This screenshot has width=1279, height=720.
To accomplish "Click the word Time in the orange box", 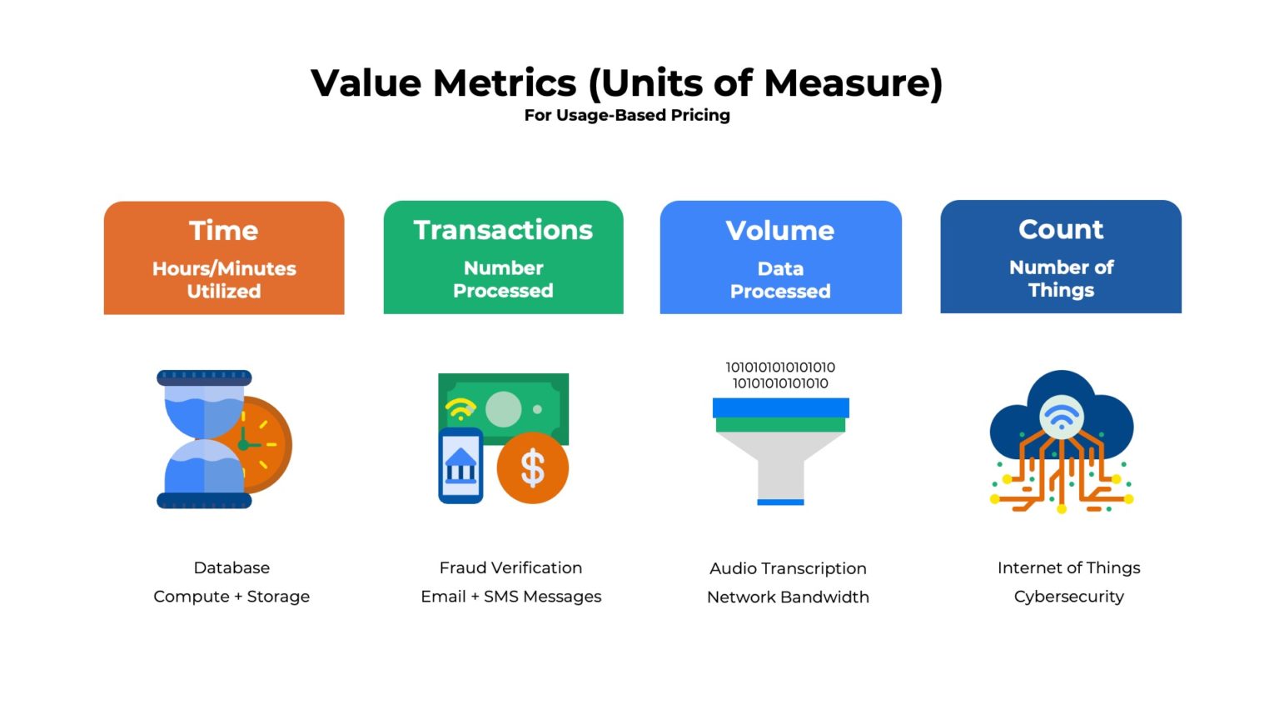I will click(x=223, y=231).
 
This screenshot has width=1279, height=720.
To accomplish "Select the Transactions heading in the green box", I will click(x=503, y=230).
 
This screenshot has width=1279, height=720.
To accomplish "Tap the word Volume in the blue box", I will click(x=779, y=231).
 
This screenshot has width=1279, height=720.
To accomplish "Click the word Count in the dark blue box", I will click(x=1061, y=229).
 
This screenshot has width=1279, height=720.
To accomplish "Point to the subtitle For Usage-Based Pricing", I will click(x=627, y=115).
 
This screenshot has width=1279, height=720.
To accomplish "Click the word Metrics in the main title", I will click(x=505, y=83).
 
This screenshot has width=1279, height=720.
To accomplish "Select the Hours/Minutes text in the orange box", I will click(x=224, y=268).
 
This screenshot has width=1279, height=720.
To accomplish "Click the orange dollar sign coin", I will click(x=533, y=468).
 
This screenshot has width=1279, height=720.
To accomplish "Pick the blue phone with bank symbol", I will click(x=460, y=466).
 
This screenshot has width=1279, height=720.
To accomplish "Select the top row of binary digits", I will click(x=780, y=367).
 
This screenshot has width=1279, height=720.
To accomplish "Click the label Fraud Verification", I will click(x=510, y=567).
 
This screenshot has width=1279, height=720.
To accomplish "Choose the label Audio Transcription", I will click(x=788, y=568).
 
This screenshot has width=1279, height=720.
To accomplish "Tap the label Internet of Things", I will click(x=1068, y=567).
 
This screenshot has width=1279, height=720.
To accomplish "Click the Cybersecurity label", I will click(x=1068, y=597).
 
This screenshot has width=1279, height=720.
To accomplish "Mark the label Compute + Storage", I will click(x=231, y=597).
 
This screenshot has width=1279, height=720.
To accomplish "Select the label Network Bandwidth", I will click(x=788, y=597).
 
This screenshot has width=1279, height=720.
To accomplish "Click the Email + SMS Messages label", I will click(x=510, y=597).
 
